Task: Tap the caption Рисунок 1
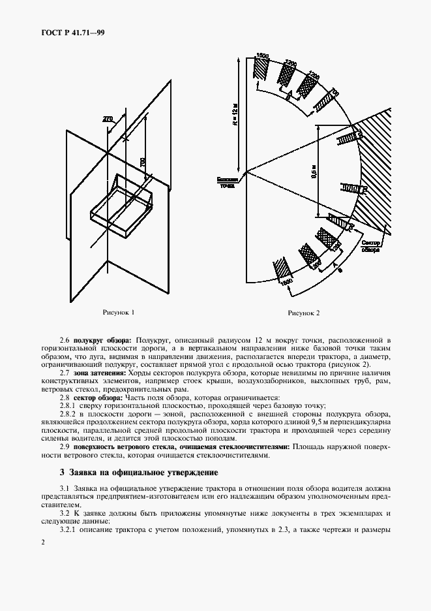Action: (119, 313)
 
